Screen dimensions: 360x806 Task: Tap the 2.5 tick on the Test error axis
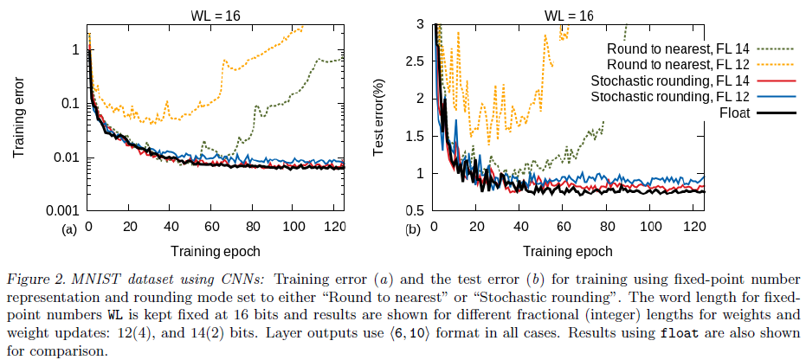415,61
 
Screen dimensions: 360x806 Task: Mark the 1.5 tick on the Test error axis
415,136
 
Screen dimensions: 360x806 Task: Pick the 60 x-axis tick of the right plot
564,227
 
